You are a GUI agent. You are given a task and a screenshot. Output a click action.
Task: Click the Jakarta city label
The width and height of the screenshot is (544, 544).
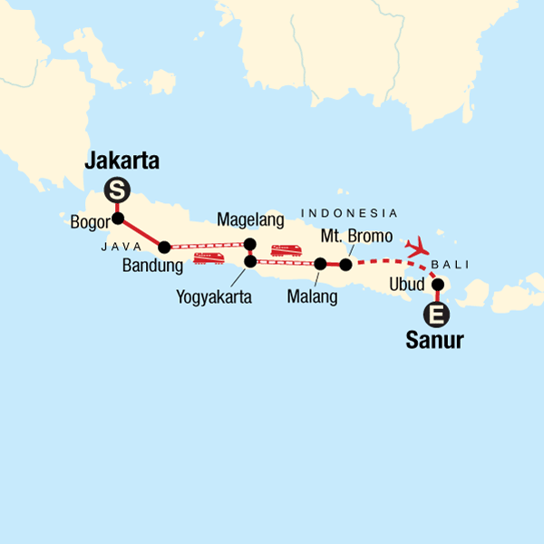tap(121, 162)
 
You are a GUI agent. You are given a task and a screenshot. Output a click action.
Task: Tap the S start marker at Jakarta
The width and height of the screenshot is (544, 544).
tap(116, 190)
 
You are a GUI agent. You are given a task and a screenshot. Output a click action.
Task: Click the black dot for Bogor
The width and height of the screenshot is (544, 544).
tap(117, 218)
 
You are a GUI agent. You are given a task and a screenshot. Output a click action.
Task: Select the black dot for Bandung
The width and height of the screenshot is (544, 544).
tap(164, 247)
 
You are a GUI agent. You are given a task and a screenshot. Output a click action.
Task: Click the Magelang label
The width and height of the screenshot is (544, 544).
tap(251, 220)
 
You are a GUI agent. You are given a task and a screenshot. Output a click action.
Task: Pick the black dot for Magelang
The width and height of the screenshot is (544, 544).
tap(250, 243)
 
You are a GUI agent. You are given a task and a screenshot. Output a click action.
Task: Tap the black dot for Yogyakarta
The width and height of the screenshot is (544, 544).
tap(250, 262)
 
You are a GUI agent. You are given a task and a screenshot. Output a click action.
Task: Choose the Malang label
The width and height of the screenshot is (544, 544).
tap(311, 296)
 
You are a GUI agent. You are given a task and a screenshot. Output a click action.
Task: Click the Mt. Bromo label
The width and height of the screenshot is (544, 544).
tap(357, 237)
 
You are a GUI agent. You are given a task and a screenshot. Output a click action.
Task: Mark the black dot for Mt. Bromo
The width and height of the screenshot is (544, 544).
tap(345, 264)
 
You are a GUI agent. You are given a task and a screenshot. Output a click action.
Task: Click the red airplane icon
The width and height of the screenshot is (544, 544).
tap(418, 246)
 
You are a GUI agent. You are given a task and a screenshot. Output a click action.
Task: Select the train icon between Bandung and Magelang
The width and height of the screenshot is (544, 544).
tap(209, 258)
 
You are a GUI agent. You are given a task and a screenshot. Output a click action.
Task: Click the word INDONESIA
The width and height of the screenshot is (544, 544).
tap(349, 213)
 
